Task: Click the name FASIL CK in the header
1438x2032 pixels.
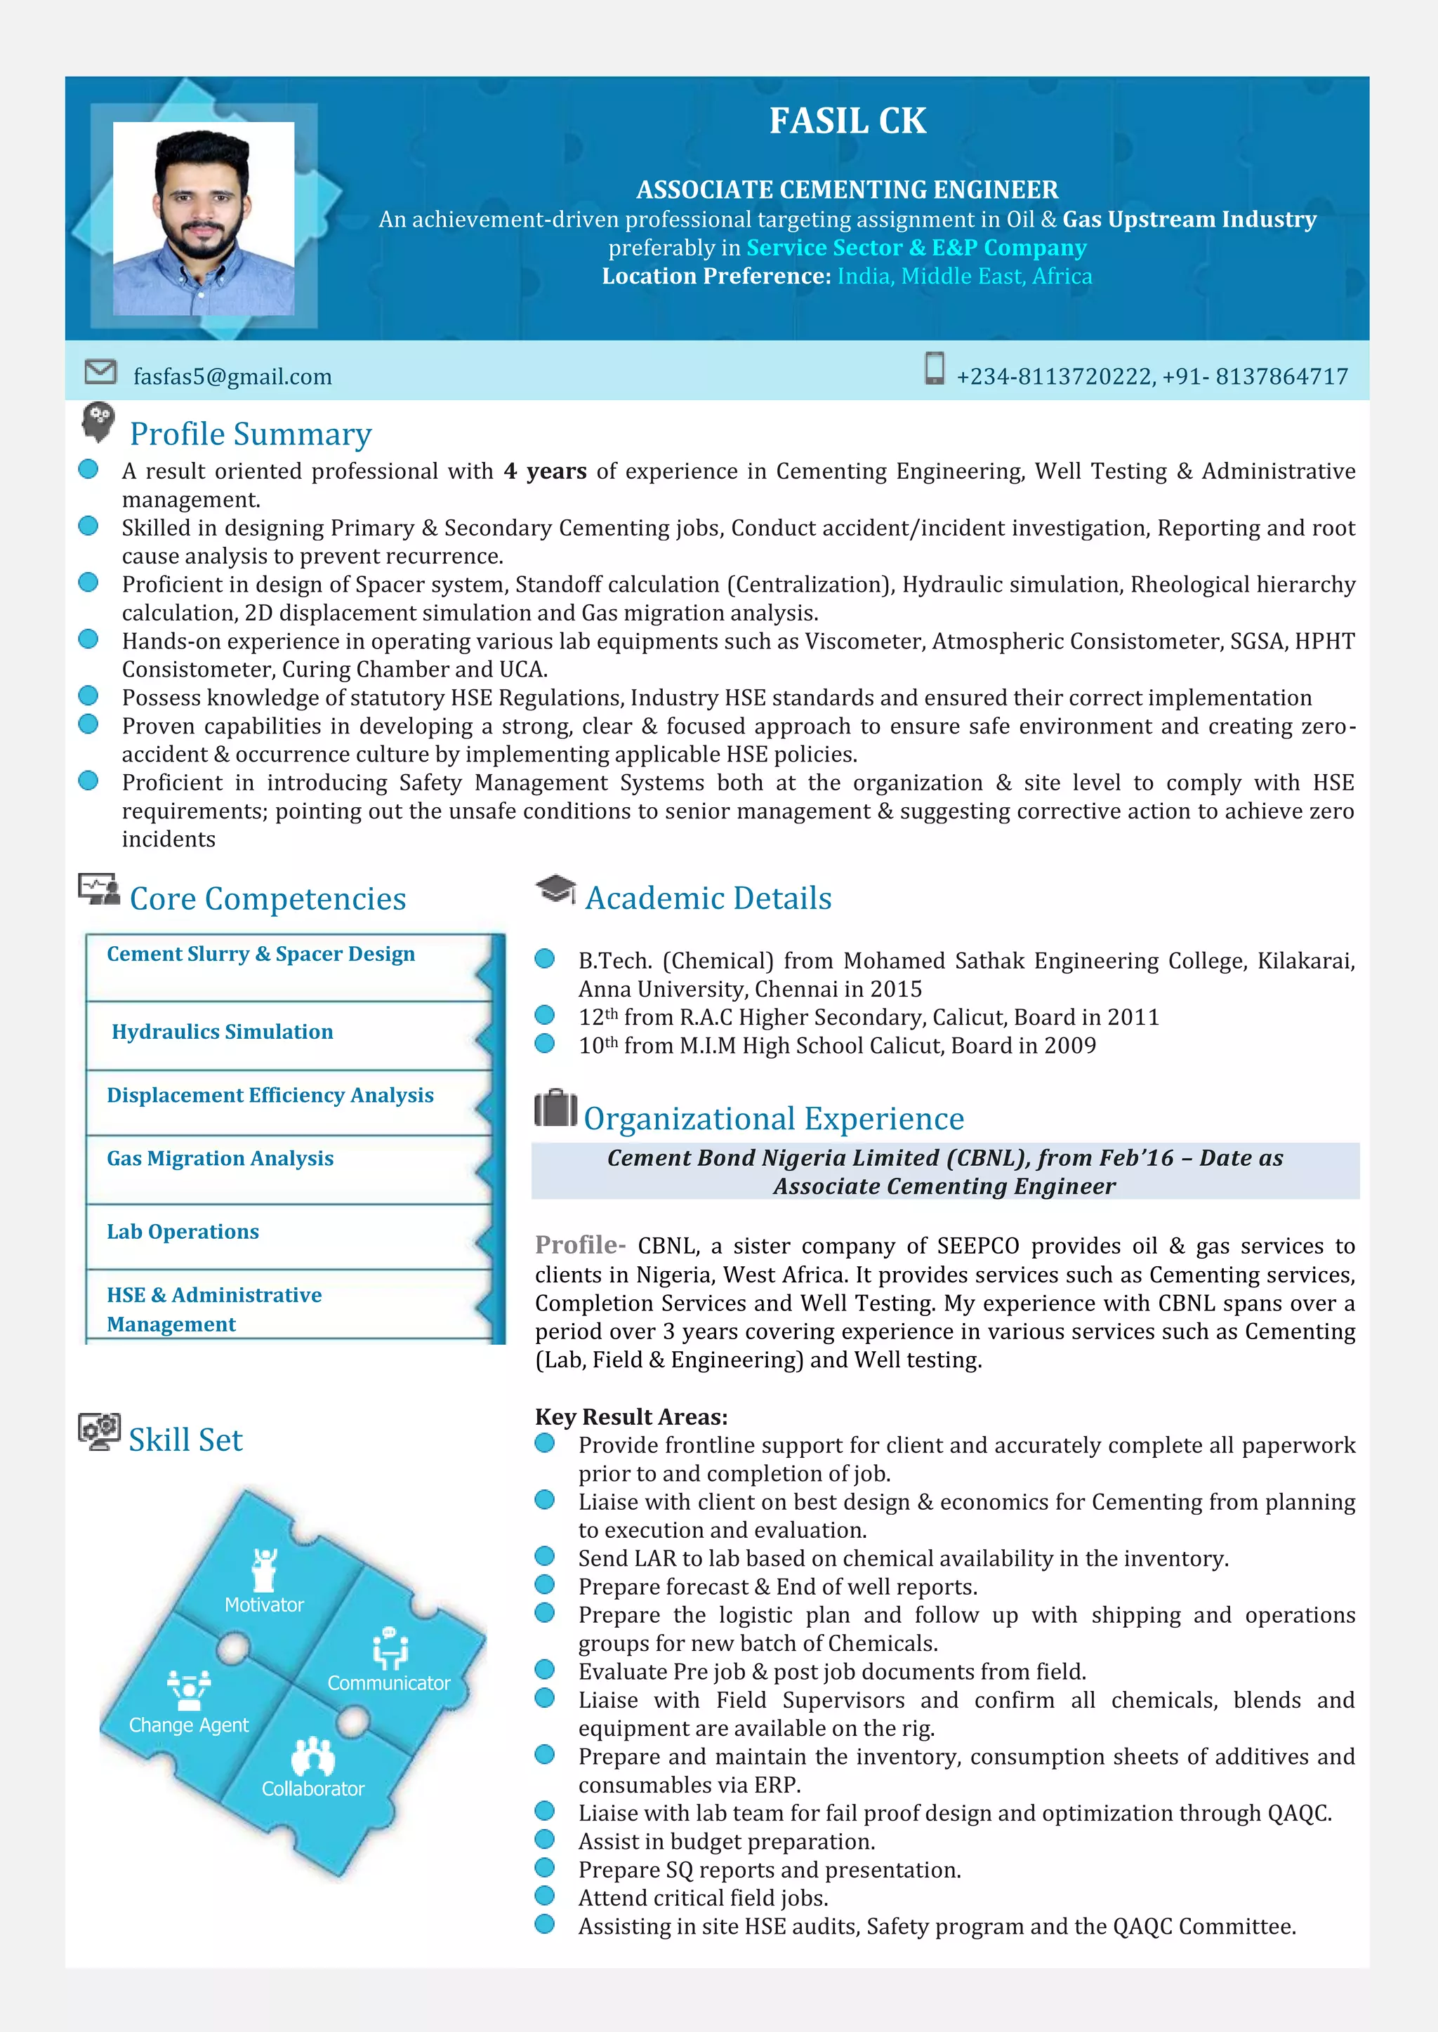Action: click(x=847, y=121)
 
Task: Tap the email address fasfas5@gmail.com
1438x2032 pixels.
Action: click(x=232, y=377)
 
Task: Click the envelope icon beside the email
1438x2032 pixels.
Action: click(x=100, y=372)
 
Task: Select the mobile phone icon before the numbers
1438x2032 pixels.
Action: click(x=933, y=368)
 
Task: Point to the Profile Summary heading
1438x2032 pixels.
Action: click(x=251, y=434)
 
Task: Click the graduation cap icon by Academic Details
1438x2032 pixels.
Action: click(x=555, y=889)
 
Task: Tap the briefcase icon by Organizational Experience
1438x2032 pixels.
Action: click(x=555, y=1108)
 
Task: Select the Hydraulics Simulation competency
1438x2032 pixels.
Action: click(x=223, y=1032)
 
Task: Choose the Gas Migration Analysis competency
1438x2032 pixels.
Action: click(x=220, y=1159)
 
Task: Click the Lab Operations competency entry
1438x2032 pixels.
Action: click(x=183, y=1232)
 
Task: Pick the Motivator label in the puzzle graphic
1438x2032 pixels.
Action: click(x=264, y=1605)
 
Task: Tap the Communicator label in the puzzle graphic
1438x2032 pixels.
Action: click(x=389, y=1682)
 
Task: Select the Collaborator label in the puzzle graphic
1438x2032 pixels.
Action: click(x=312, y=1788)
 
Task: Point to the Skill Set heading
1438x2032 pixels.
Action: click(x=185, y=1440)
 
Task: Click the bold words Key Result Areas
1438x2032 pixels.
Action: click(x=631, y=1417)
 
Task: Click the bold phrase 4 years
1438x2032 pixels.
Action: click(x=545, y=472)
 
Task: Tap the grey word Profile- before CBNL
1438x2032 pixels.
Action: click(x=580, y=1245)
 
